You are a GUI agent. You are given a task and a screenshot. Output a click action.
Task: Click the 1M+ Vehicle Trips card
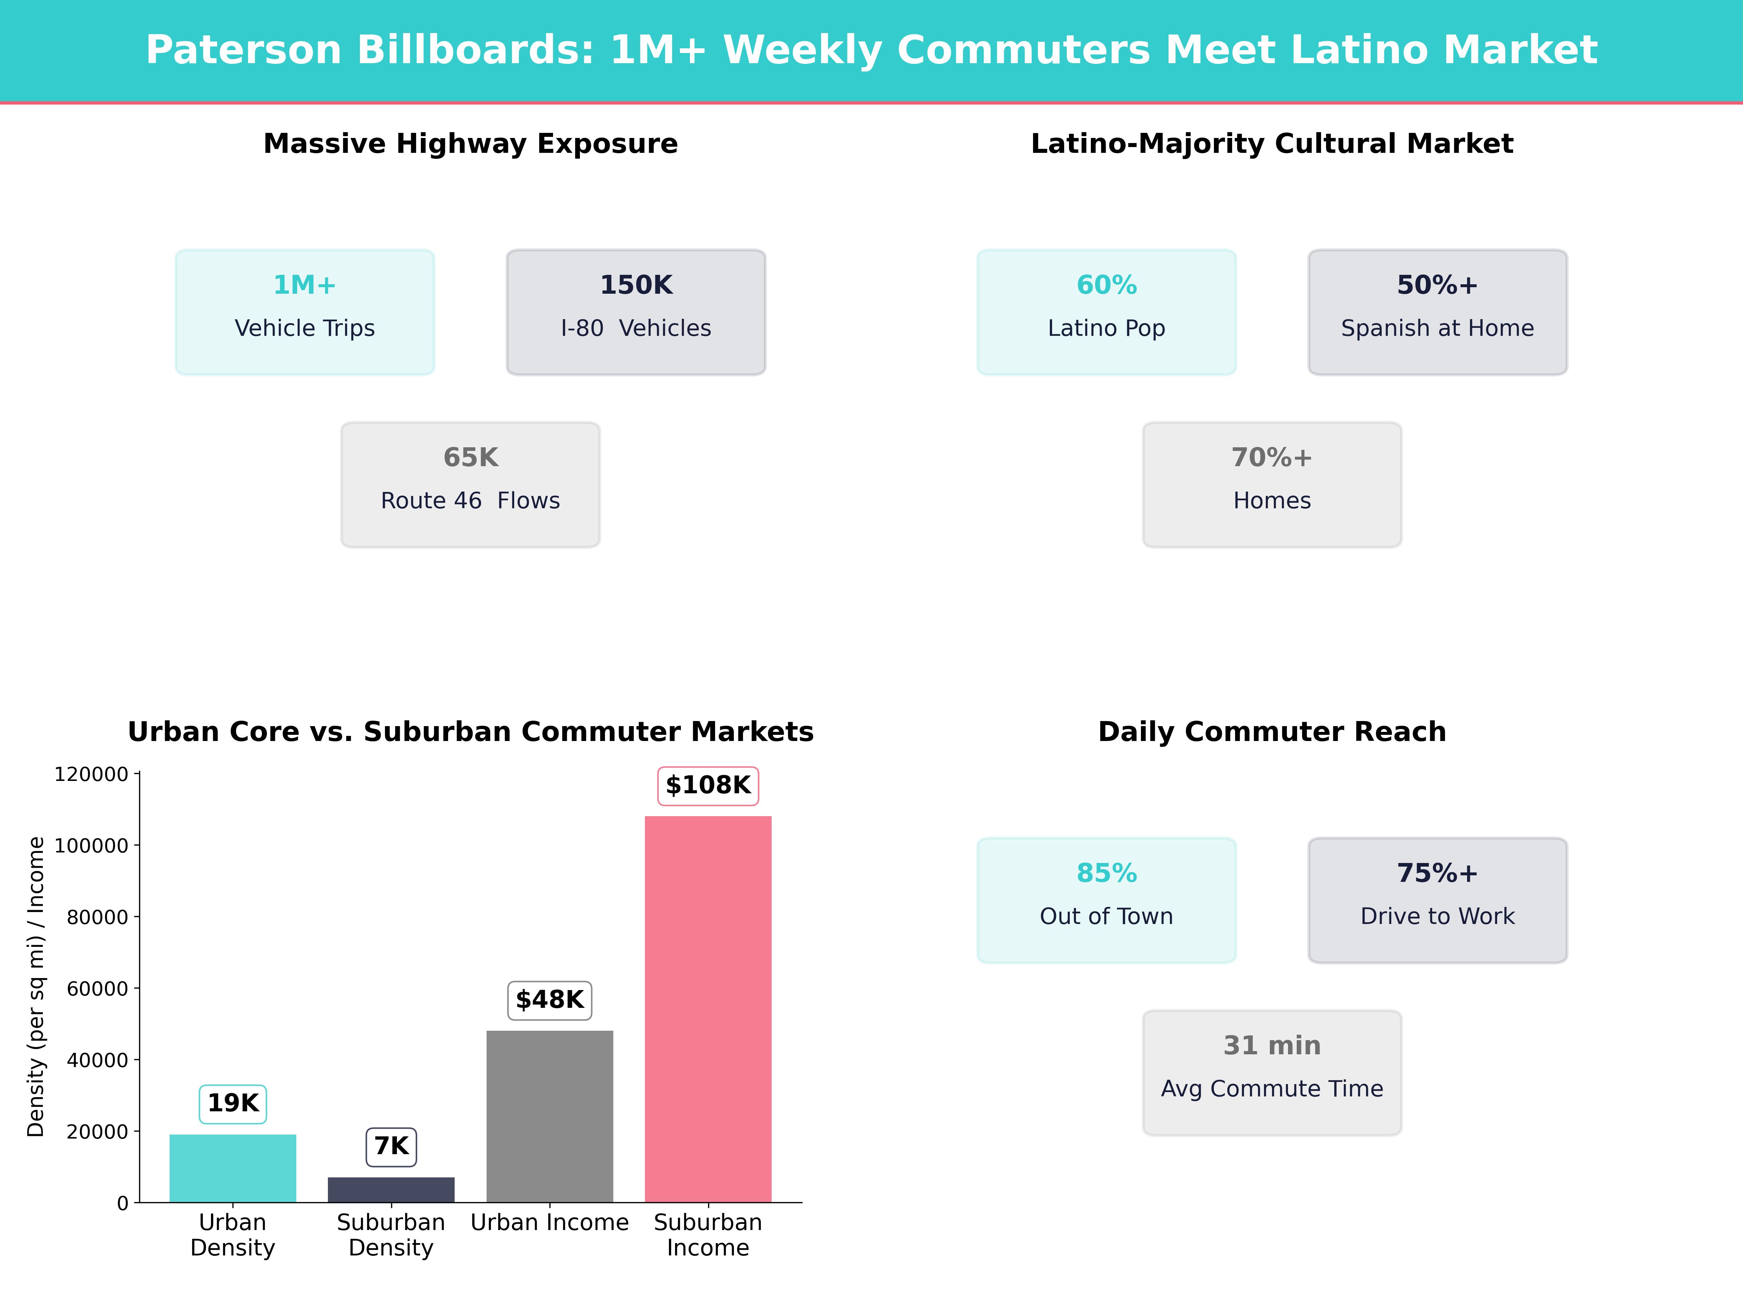point(304,312)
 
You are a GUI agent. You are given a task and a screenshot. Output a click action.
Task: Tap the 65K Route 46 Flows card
point(470,485)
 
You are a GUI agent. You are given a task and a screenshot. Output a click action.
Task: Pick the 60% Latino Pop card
point(1106,312)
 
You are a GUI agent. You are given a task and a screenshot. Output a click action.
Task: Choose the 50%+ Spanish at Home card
point(1437,312)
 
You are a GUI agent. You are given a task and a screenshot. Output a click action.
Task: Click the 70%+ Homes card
point(1272,485)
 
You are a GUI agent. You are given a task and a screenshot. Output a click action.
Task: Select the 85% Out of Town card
point(1106,900)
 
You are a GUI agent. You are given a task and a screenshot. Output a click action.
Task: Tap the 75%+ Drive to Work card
point(1437,900)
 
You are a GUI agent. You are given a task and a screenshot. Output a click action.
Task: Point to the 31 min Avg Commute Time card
point(1272,1072)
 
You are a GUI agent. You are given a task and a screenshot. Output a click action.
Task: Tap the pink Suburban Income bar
point(708,1009)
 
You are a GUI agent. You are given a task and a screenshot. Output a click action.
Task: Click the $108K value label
point(708,785)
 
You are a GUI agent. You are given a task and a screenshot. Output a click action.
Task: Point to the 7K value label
point(391,1146)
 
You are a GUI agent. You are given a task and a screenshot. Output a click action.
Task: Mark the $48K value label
point(549,1000)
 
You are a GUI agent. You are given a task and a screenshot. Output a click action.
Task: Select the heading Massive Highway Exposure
point(470,144)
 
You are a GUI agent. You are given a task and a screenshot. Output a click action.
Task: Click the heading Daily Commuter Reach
point(1272,732)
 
